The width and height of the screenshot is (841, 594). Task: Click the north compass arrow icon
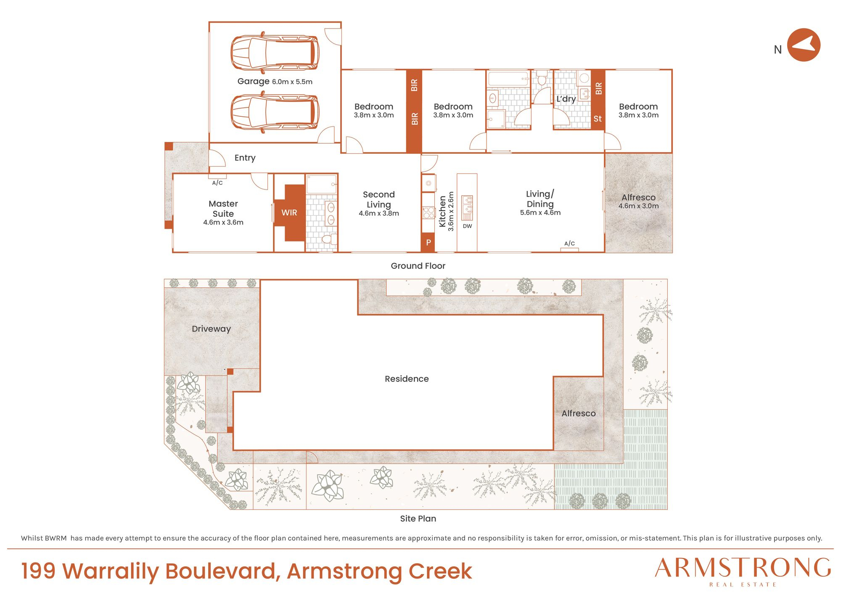803,45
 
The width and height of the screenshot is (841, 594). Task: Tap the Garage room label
253,81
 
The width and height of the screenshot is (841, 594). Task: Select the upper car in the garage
275,53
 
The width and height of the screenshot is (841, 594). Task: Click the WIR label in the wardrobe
289,213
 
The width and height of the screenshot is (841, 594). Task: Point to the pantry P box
428,242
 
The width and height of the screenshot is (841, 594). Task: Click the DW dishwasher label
467,226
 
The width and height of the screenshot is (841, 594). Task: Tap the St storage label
598,119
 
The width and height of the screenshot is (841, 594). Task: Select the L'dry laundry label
566,99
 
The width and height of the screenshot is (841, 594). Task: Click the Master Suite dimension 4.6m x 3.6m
223,222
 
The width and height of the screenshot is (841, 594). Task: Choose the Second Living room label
379,200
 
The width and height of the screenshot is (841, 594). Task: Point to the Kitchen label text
442,211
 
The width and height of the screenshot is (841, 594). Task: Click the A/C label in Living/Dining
569,243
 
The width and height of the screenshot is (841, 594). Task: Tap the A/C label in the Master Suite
217,183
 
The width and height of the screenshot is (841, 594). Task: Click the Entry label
245,158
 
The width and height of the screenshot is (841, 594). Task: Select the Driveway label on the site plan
211,329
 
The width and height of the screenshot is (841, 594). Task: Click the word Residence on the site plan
407,379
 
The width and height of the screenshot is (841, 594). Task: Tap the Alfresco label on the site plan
579,413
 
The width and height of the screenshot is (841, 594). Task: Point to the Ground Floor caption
418,266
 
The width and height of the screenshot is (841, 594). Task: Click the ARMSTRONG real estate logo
743,571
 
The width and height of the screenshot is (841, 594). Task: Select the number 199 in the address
38,571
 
